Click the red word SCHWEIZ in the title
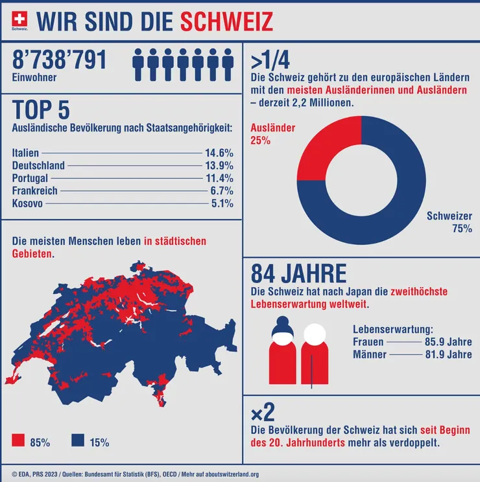click(x=226, y=21)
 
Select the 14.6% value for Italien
click(x=219, y=153)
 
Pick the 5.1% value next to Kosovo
click(x=222, y=203)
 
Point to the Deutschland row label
click(x=38, y=165)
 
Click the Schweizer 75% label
click(x=449, y=222)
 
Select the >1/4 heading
click(x=270, y=60)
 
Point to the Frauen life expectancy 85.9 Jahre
click(x=448, y=341)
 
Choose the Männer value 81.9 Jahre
click(x=448, y=354)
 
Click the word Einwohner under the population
click(x=34, y=78)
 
